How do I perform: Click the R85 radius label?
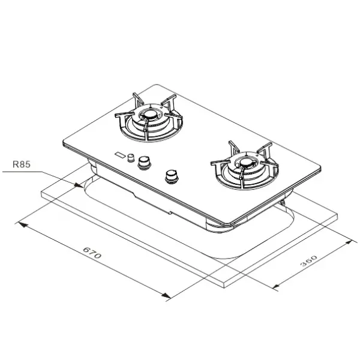[x=22, y=164]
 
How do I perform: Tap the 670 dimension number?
[x=92, y=253]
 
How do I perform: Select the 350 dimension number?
[x=309, y=261]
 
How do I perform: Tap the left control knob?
[x=144, y=163]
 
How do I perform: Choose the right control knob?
[x=172, y=176]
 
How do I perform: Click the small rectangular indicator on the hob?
[x=121, y=155]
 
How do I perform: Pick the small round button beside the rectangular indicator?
[x=131, y=157]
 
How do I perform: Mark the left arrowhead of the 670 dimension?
[x=22, y=224]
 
